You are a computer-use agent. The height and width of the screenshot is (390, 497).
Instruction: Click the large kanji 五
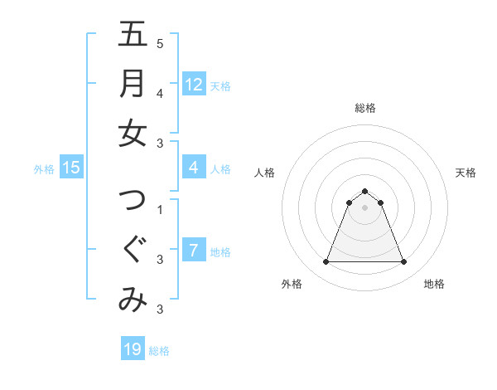tap(133, 35)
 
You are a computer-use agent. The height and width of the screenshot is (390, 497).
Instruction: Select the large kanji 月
tap(133, 84)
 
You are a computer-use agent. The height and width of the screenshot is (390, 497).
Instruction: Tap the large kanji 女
tap(133, 134)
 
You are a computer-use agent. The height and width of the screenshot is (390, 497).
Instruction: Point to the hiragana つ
tap(133, 201)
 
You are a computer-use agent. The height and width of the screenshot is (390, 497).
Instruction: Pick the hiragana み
tap(133, 300)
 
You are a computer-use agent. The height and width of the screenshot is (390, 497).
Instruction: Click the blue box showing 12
tap(193, 84)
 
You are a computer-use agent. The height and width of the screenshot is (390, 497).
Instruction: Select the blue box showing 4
tap(193, 168)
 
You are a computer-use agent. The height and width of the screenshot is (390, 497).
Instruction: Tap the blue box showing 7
tap(193, 251)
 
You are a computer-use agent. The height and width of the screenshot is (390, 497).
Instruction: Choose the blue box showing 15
tap(71, 168)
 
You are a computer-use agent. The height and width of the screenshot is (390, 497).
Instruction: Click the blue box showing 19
tap(132, 349)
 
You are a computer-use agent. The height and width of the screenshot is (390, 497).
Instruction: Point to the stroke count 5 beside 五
tap(160, 43)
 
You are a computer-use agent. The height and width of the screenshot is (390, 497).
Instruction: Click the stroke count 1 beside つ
tap(160, 209)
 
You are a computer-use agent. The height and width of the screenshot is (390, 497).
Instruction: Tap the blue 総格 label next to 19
tap(159, 351)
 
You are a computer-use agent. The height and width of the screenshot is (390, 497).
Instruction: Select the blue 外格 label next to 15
tap(44, 169)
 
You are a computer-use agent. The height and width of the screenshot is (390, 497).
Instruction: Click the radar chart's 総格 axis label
tap(365, 108)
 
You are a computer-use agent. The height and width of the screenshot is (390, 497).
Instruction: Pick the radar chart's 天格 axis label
tap(466, 173)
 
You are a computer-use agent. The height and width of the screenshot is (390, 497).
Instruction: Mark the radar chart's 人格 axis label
tap(264, 173)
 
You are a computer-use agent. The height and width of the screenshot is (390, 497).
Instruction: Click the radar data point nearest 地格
tap(404, 262)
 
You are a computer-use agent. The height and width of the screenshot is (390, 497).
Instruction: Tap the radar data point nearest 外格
tap(326, 262)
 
